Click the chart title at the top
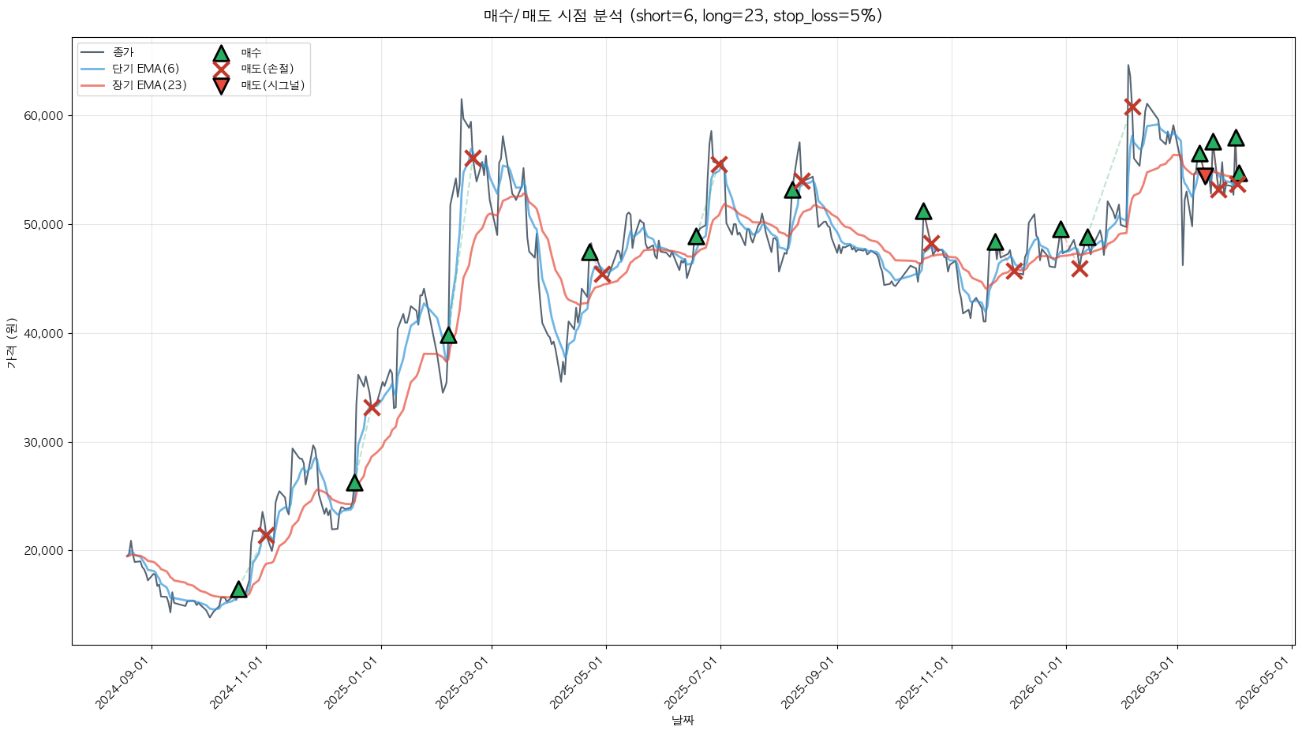point(683,16)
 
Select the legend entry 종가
point(123,52)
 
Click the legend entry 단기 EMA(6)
point(145,69)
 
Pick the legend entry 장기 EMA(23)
point(149,85)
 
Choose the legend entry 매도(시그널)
point(272,85)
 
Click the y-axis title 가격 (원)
point(11,343)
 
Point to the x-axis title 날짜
point(683,720)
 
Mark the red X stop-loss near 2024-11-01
point(266,534)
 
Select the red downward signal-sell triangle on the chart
point(1205,176)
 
